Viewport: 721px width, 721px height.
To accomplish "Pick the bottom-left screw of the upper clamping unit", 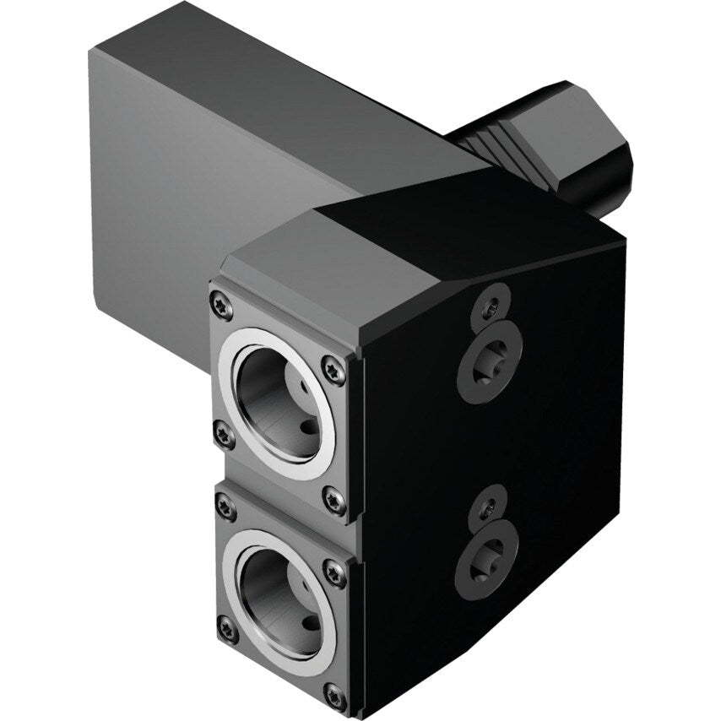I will coord(224,435).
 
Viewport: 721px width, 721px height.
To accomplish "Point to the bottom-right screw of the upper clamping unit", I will coord(333,500).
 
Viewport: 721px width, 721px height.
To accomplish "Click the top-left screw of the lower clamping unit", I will coord(225,507).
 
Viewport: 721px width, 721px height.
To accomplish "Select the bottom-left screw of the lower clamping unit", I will coord(227,627).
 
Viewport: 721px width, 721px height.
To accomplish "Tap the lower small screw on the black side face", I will coord(489,507).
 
